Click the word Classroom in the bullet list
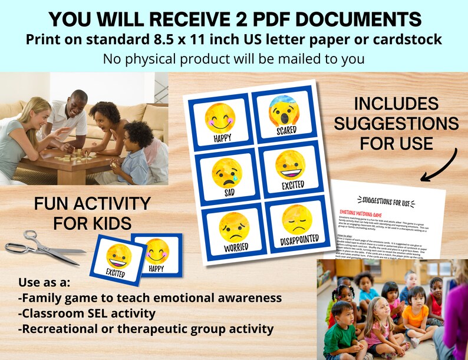[x=56, y=313]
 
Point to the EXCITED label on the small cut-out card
[x=114, y=272]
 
